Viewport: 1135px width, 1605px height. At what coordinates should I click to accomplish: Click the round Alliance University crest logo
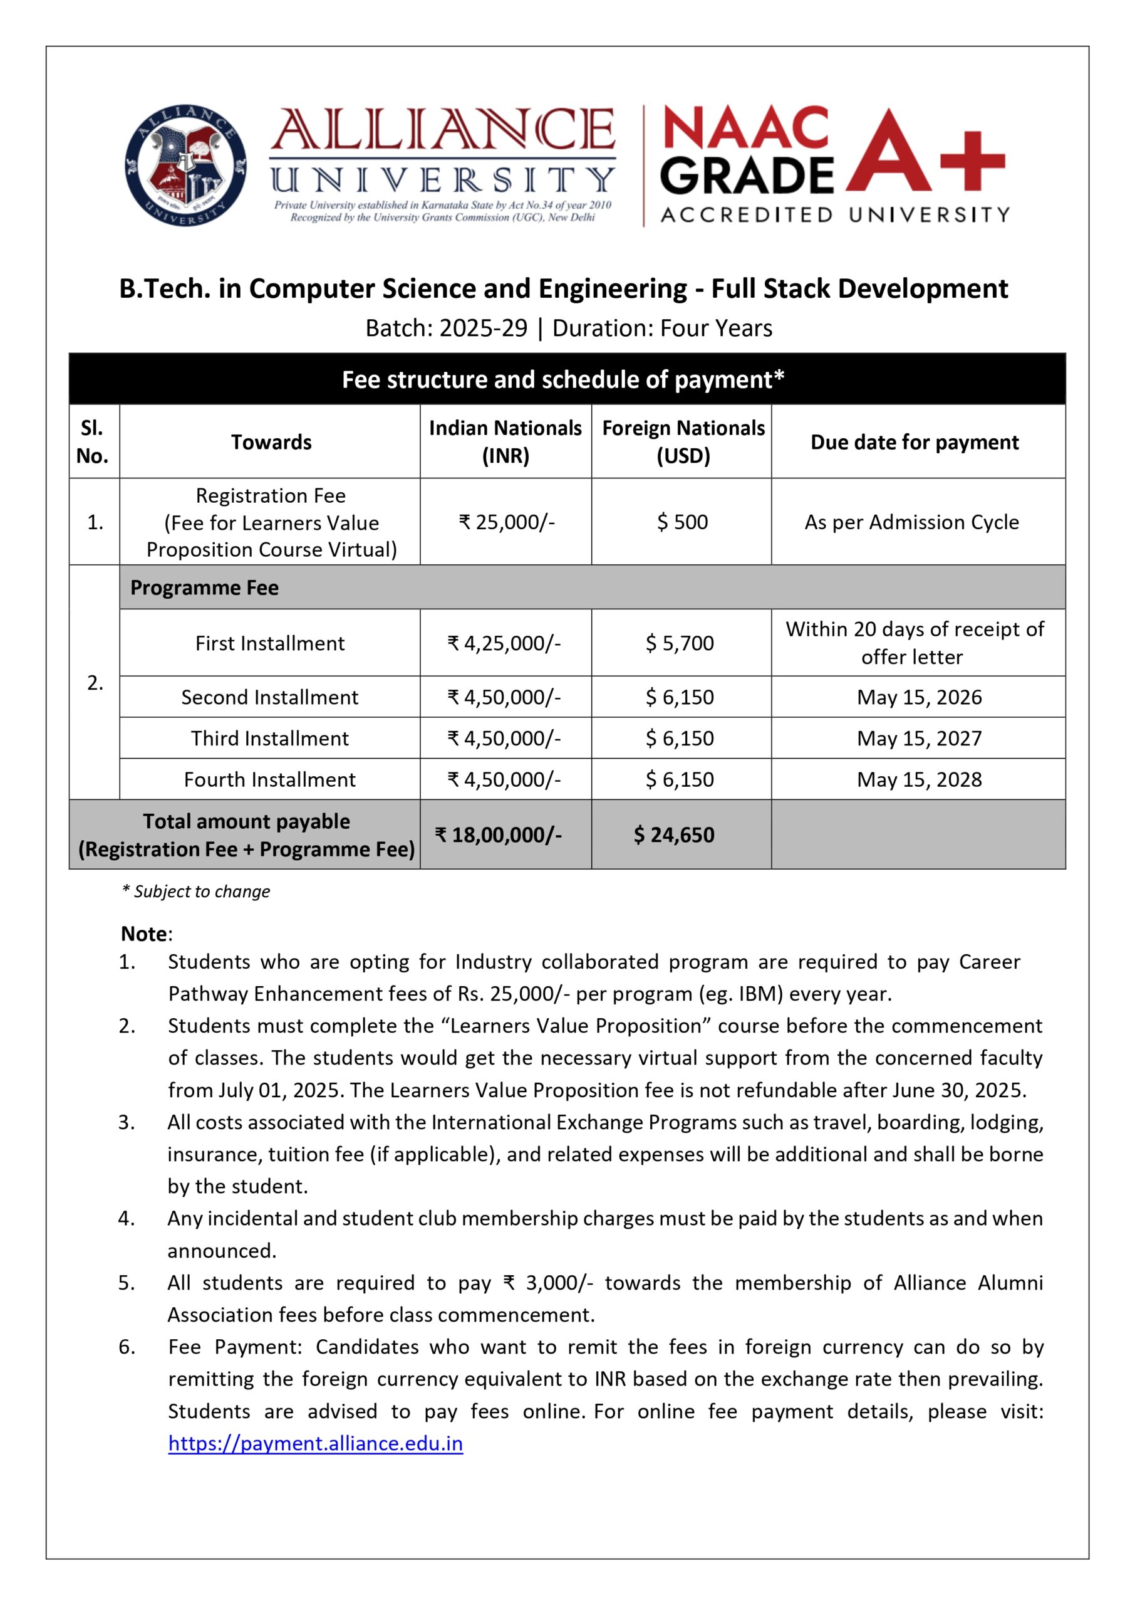pyautogui.click(x=185, y=165)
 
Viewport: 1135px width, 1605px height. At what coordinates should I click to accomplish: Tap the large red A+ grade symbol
pyautogui.click(x=924, y=151)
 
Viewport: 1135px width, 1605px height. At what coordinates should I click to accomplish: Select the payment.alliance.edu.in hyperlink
pyautogui.click(x=315, y=1443)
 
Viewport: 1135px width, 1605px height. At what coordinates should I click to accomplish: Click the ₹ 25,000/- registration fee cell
pyautogui.click(x=506, y=522)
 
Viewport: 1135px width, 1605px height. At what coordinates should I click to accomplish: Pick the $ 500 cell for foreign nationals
pyautogui.click(x=682, y=522)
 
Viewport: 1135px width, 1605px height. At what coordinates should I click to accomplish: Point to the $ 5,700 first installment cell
pyautogui.click(x=680, y=643)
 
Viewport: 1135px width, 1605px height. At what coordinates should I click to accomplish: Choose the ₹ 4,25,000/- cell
pyautogui.click(x=504, y=643)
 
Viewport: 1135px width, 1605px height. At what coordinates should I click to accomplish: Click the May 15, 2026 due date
pyautogui.click(x=919, y=697)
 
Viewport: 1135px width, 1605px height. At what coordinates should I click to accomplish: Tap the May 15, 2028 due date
pyautogui.click(x=919, y=779)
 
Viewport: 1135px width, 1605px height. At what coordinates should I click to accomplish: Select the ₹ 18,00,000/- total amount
pyautogui.click(x=499, y=834)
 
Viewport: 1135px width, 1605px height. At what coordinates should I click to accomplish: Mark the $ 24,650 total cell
pyautogui.click(x=674, y=834)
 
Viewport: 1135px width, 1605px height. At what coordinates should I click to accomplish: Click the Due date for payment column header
pyautogui.click(x=914, y=442)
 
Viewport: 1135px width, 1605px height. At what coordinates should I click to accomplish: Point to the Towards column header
pyautogui.click(x=271, y=442)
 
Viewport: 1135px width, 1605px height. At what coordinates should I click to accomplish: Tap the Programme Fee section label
pyautogui.click(x=204, y=587)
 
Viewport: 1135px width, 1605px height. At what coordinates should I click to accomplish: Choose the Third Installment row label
pyautogui.click(x=270, y=738)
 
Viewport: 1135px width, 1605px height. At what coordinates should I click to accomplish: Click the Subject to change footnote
pyautogui.click(x=197, y=891)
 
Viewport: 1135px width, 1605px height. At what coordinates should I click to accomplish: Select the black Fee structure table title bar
pyautogui.click(x=566, y=379)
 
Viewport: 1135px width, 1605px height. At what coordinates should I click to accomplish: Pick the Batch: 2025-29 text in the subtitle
pyautogui.click(x=447, y=328)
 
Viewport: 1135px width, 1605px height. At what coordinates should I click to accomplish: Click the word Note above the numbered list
pyautogui.click(x=145, y=934)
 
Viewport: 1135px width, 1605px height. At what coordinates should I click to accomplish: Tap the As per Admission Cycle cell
pyautogui.click(x=911, y=522)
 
